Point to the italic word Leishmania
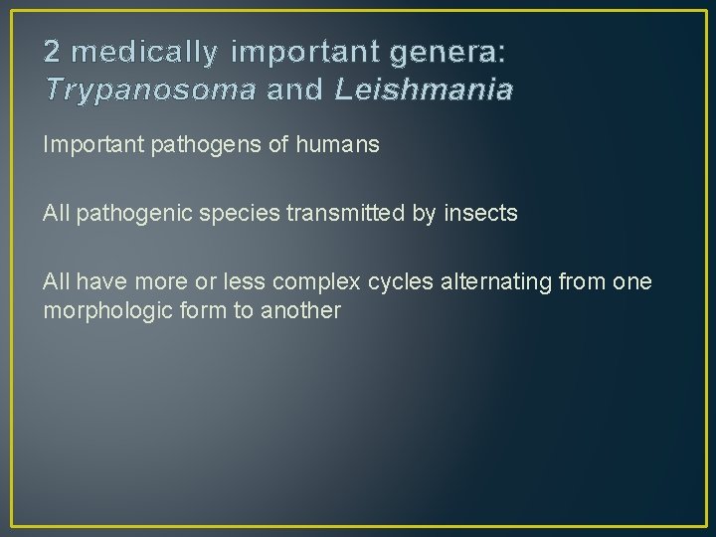point(425,90)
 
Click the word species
point(220,214)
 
